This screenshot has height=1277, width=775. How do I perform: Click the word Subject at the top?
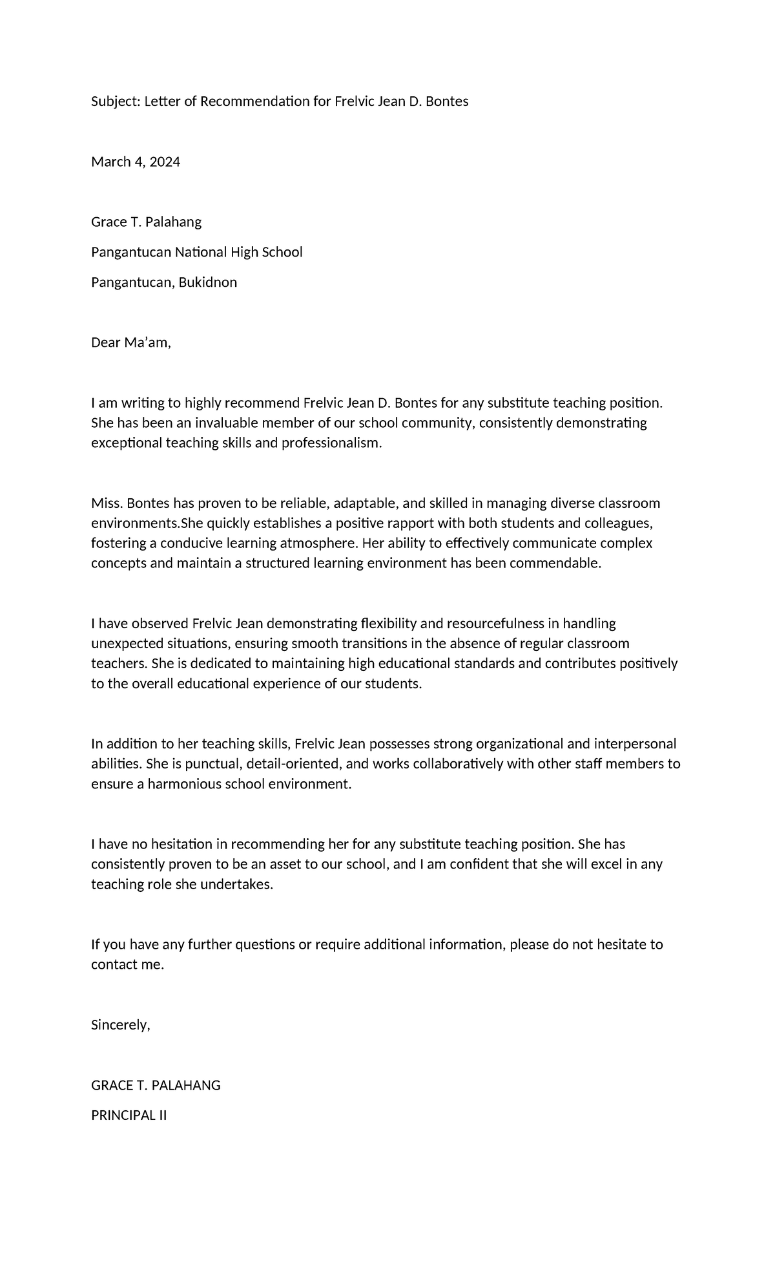point(114,101)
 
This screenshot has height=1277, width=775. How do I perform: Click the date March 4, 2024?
point(136,162)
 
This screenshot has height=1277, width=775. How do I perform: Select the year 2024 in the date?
point(165,162)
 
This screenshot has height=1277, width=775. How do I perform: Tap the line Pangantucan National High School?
point(196,252)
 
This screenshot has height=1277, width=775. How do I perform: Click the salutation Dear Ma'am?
point(130,343)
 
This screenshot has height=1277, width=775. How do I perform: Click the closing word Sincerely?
point(120,1025)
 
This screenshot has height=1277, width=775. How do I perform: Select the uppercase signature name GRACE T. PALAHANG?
point(156,1085)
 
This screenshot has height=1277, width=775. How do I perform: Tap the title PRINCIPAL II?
point(129,1115)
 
